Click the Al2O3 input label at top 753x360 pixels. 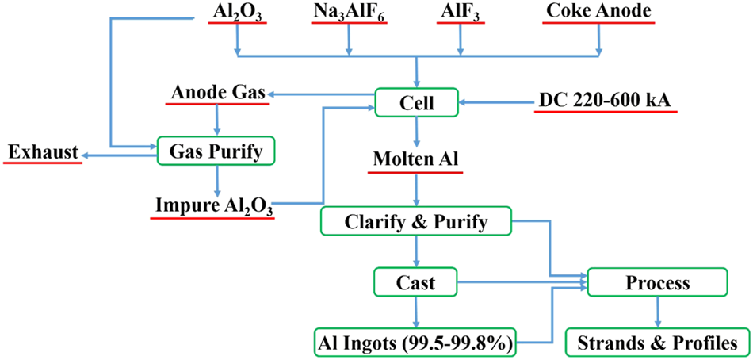pos(236,13)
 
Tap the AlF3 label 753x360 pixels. pos(461,13)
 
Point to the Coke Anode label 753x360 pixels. pos(598,13)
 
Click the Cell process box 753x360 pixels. pos(416,101)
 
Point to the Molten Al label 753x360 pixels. pos(416,159)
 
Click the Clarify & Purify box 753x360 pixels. pos(416,221)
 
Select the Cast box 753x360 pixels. pos(416,281)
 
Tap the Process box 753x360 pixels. pos(656,282)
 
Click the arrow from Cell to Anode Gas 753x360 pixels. pos(321,95)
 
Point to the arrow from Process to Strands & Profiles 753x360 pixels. pos(656,312)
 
